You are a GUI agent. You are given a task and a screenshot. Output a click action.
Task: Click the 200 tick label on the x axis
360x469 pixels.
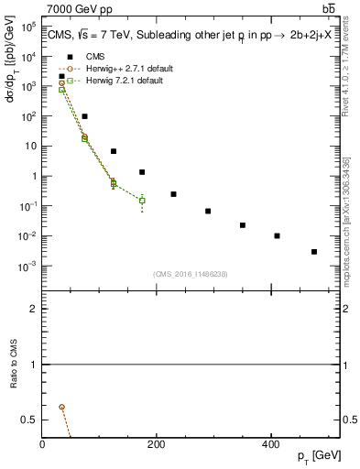tap(157, 444)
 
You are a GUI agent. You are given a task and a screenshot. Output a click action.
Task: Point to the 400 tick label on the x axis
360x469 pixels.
tap(270, 444)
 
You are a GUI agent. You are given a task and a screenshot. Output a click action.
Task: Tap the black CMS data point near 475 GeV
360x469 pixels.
tap(313, 252)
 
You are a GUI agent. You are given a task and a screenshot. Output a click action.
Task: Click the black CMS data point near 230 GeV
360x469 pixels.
tap(173, 194)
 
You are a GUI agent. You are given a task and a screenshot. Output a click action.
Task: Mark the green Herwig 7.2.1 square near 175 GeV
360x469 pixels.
tap(142, 200)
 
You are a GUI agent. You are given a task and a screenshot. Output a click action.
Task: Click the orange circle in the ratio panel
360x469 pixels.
tap(61, 407)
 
